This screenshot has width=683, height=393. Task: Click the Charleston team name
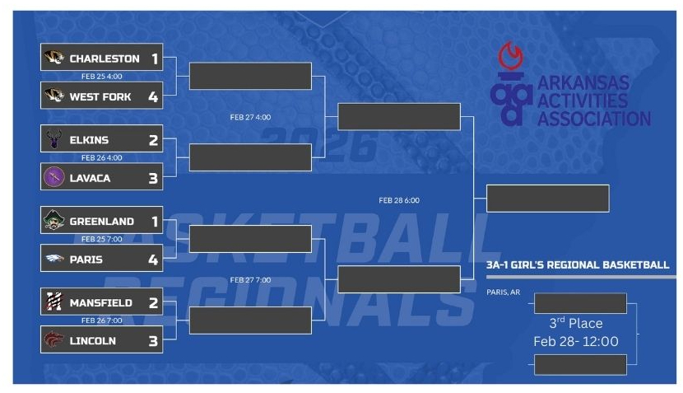(x=105, y=59)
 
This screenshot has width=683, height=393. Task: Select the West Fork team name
(x=100, y=97)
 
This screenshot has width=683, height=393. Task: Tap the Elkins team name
(x=89, y=141)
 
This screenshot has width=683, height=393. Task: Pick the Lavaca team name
(x=90, y=178)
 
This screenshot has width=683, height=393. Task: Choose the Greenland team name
(x=101, y=222)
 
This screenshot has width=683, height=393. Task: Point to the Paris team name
(x=86, y=260)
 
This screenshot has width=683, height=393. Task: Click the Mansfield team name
(x=100, y=303)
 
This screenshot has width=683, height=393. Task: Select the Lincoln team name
(x=92, y=340)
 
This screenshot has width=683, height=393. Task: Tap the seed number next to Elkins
(x=153, y=141)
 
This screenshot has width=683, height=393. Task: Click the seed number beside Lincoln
(x=153, y=340)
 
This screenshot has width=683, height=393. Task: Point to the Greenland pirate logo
(x=55, y=222)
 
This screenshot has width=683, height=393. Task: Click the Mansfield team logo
(x=55, y=303)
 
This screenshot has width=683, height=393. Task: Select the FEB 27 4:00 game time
(x=250, y=117)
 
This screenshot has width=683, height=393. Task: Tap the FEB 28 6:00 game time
(x=399, y=200)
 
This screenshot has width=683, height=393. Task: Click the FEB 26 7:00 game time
(x=102, y=320)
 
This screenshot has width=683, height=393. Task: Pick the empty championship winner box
(x=547, y=199)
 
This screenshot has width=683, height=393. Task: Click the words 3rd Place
(x=576, y=324)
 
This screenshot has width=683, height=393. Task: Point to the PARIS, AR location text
(x=503, y=292)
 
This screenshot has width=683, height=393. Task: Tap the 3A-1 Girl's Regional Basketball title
(x=577, y=265)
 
